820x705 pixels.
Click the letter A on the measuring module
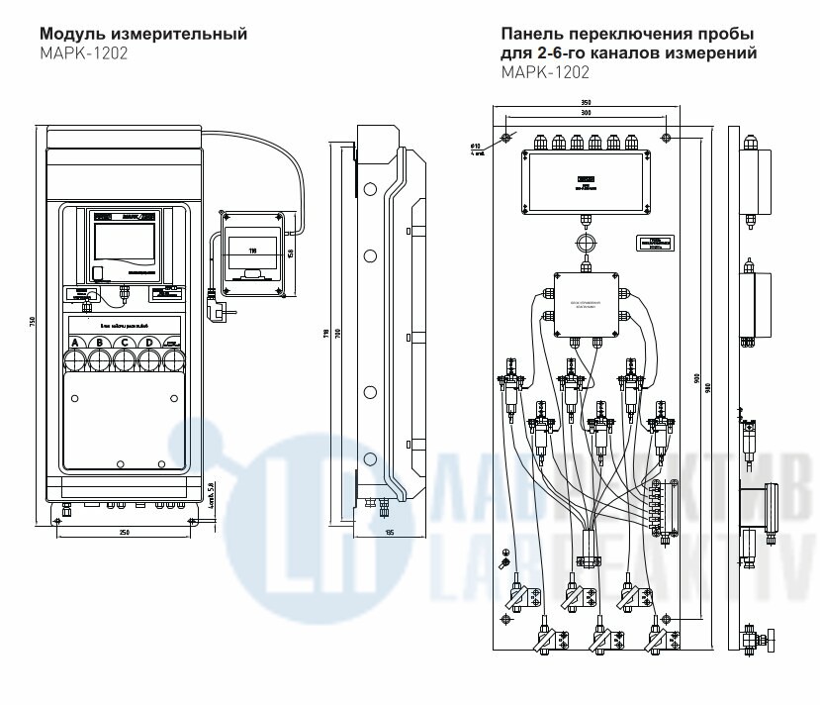(75, 343)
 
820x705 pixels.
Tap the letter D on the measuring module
(147, 343)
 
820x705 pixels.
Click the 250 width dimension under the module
(125, 532)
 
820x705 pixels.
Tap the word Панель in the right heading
(535, 35)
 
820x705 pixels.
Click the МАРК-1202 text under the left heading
(84, 53)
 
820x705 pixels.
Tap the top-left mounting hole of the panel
(506, 137)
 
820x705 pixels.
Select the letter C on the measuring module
(124, 343)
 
